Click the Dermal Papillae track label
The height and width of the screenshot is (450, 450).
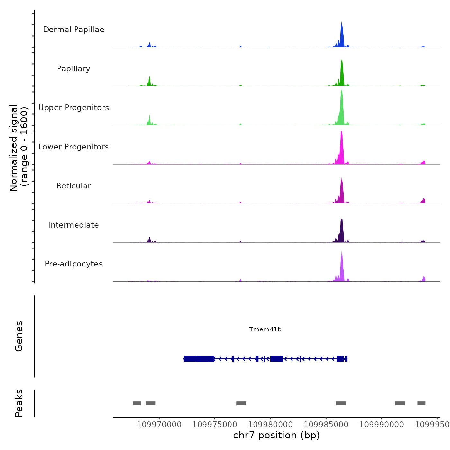point(74,30)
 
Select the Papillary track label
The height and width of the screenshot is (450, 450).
point(74,69)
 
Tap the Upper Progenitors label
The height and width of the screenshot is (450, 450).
point(74,108)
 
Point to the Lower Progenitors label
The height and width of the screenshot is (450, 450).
point(74,147)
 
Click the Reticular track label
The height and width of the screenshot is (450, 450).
point(74,186)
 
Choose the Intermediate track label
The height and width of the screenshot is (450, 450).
point(74,225)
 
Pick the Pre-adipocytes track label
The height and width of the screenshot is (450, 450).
point(74,264)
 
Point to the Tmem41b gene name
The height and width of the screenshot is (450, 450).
point(265,329)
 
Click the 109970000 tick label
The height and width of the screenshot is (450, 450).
point(159,425)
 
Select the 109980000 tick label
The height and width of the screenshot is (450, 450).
point(270,425)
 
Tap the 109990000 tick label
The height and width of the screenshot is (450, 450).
point(382,425)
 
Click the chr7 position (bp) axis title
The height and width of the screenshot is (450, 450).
point(276,436)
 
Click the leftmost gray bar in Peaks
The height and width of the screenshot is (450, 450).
point(137,403)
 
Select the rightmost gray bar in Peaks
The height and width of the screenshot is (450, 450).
point(421,403)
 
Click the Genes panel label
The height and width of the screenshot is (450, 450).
point(19,336)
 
